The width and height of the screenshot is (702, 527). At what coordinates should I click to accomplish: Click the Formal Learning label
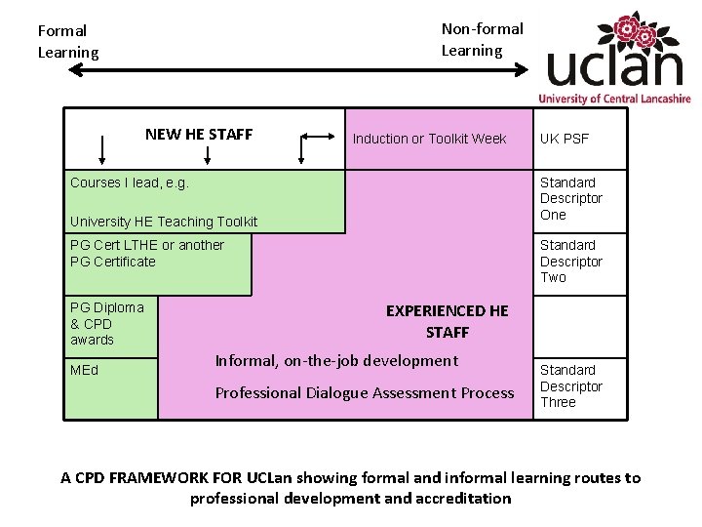[x=68, y=41]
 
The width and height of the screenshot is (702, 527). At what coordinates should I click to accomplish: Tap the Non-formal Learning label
[x=482, y=39]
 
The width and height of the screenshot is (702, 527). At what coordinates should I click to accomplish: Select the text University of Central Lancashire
[x=614, y=99]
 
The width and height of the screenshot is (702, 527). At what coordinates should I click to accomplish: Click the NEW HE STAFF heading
[x=199, y=135]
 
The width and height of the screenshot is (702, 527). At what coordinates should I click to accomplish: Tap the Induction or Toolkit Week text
[x=429, y=139]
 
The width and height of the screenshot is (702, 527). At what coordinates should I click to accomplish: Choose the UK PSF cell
[x=565, y=139]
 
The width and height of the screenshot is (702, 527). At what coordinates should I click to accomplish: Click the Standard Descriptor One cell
[x=571, y=198]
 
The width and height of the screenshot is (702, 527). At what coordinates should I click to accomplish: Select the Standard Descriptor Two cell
[x=571, y=261]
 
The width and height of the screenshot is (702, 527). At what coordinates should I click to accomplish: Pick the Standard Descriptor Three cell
[x=571, y=385]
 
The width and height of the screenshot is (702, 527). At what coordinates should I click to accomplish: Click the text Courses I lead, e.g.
[x=130, y=182]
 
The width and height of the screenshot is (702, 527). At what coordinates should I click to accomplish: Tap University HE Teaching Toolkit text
[x=164, y=222]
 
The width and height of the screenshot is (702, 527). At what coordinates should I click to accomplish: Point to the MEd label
[x=85, y=371]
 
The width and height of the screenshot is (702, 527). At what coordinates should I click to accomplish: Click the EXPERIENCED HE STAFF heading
[x=448, y=321]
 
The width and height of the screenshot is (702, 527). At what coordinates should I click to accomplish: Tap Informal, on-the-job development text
[x=336, y=361]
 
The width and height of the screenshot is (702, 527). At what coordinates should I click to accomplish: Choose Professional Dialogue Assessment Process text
[x=365, y=393]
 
